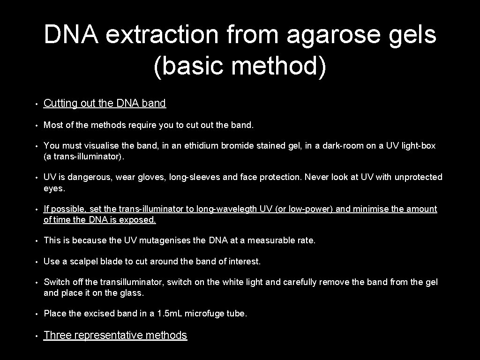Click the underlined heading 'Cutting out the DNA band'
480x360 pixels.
(105, 104)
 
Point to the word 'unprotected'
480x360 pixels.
(418, 177)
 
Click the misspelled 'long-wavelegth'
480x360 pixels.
(243, 209)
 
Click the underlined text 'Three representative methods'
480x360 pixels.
(115, 335)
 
